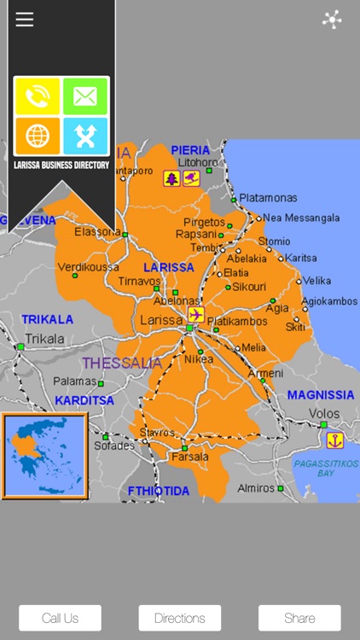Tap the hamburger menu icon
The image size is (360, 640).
click(x=25, y=20)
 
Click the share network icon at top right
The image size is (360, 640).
click(x=332, y=20)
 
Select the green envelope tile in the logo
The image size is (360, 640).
click(x=85, y=96)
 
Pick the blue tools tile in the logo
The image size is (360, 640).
click(x=85, y=136)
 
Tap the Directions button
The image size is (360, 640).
click(x=180, y=618)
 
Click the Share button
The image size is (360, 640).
click(x=299, y=618)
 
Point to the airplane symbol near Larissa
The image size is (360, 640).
click(x=196, y=316)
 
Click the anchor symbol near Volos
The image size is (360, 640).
click(x=335, y=440)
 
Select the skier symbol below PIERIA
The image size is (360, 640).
click(x=191, y=178)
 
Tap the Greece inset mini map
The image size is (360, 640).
click(x=44, y=456)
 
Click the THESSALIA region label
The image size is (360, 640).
click(x=122, y=364)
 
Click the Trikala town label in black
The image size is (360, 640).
click(x=44, y=339)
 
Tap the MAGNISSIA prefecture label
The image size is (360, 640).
click(x=320, y=395)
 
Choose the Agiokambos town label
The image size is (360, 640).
click(x=329, y=301)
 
